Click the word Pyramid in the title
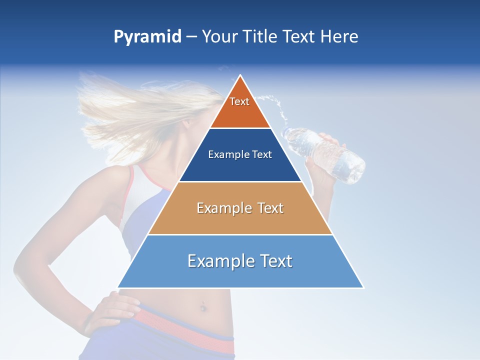[147, 37]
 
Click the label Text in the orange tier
[239, 101]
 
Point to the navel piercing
[203, 306]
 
